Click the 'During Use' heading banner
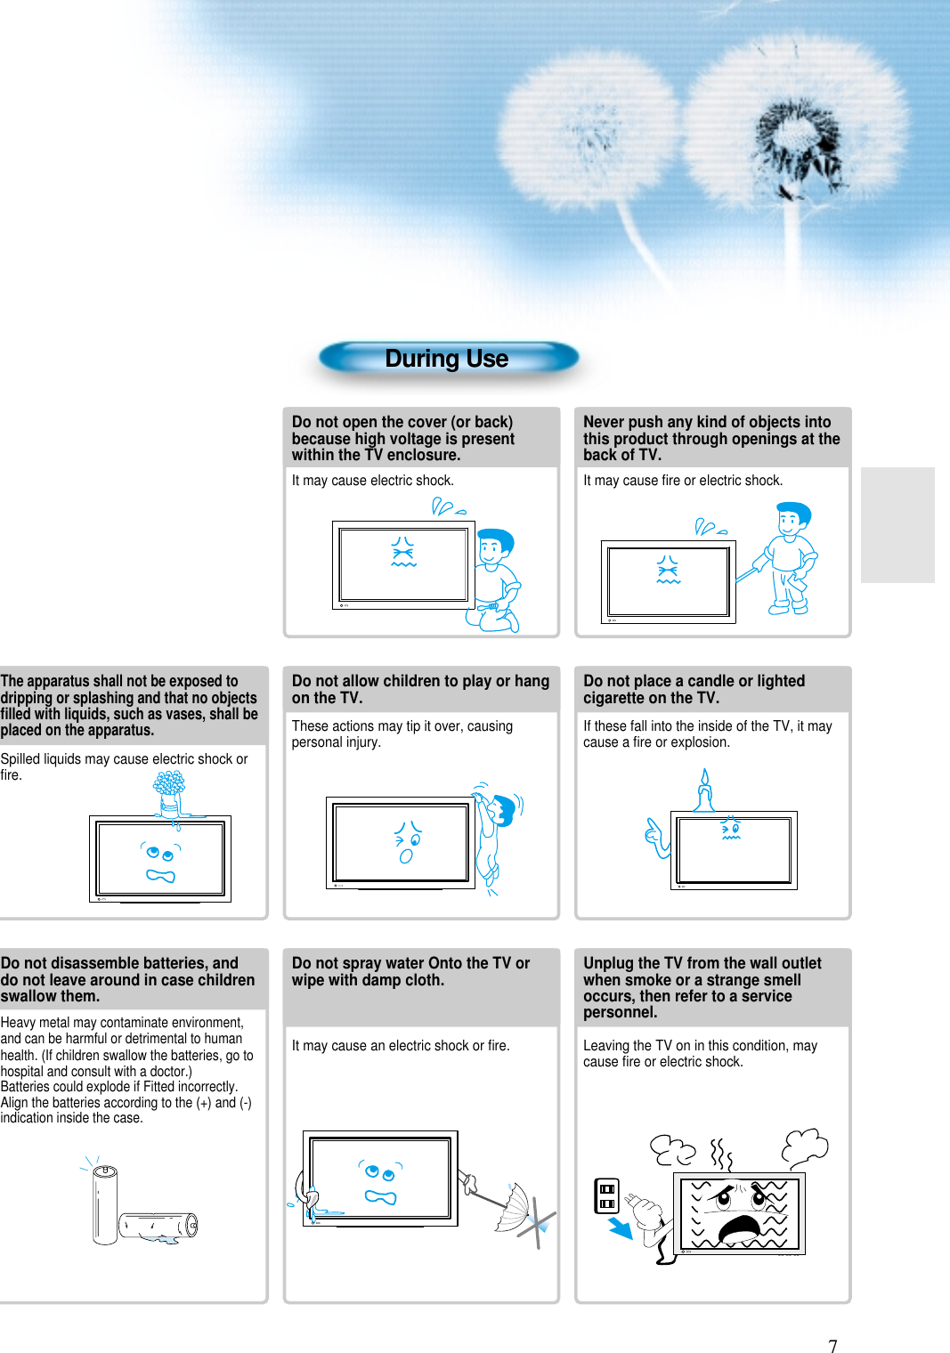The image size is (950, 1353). [449, 358]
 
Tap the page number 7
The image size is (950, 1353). [832, 1345]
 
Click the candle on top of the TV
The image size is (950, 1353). [703, 790]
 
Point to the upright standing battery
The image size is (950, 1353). [104, 1205]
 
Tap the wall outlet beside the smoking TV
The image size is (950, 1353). [606, 1196]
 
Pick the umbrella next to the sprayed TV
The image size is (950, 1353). [514, 1207]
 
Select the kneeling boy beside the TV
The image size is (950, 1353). [496, 579]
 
